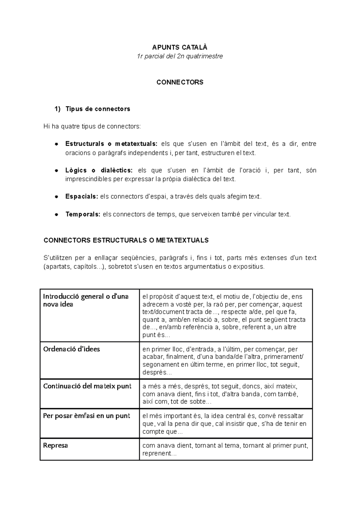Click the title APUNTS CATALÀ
click(180, 47)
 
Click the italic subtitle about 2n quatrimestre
click(180, 56)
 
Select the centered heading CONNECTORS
click(180, 82)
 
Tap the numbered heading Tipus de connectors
click(97, 109)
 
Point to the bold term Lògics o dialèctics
click(99, 170)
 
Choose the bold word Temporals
click(83, 214)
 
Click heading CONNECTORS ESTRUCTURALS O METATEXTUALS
click(126, 240)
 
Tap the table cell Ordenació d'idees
click(71, 349)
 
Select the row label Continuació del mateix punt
click(87, 386)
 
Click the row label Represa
click(55, 445)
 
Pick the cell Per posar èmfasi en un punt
click(86, 416)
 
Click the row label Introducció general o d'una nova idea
click(85, 300)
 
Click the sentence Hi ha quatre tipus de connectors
click(92, 127)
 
